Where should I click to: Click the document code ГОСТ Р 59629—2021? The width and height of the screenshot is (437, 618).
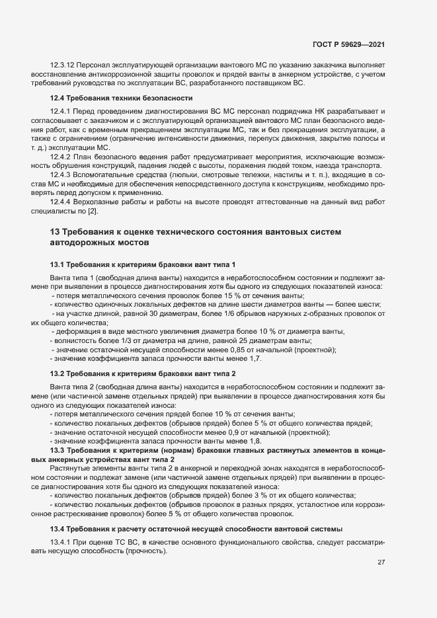click(348, 44)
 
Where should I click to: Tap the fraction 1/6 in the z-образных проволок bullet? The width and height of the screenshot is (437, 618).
click(255, 313)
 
